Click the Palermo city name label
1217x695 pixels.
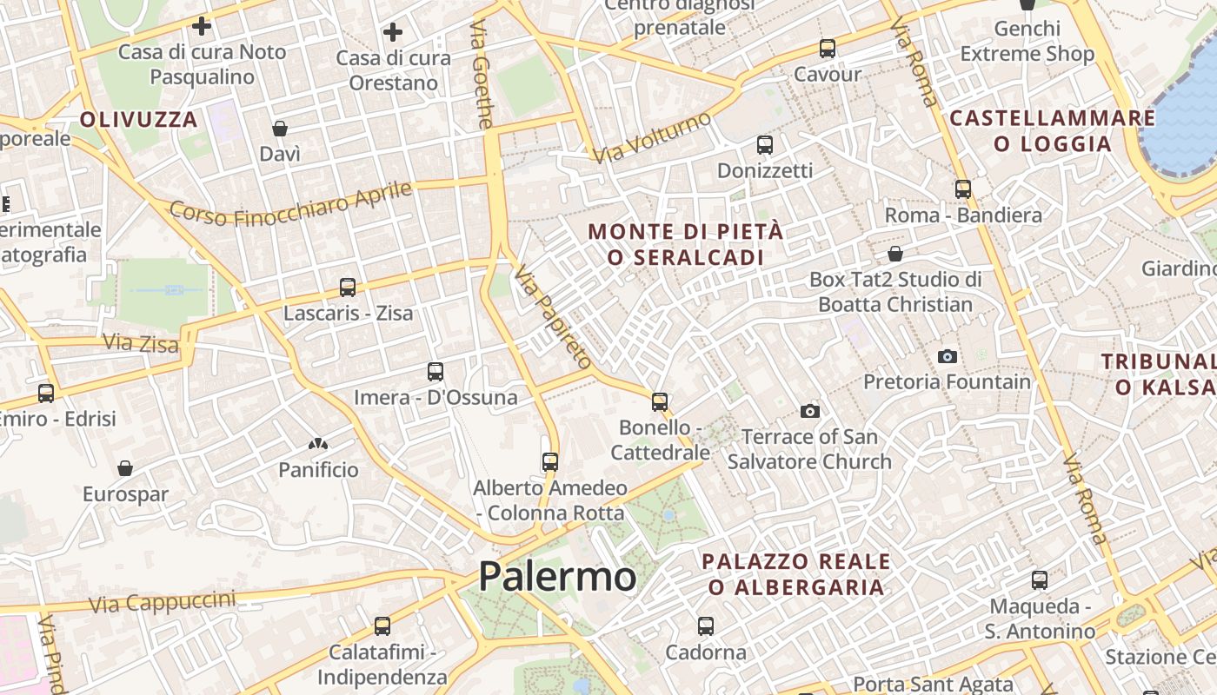point(557,577)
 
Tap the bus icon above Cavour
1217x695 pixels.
point(827,49)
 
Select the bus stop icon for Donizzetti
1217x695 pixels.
point(764,145)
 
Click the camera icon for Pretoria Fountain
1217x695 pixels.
point(947,356)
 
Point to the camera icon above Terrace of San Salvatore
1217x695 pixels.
point(810,411)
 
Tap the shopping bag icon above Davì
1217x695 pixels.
point(280,129)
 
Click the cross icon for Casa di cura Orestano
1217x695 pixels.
point(393,33)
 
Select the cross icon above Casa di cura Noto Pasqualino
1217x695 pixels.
point(202,26)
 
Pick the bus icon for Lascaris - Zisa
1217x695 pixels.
point(348,288)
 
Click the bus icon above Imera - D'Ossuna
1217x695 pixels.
point(436,372)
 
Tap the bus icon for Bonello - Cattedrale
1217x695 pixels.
point(660,402)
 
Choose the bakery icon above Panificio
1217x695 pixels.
point(318,444)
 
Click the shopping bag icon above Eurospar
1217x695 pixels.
point(125,469)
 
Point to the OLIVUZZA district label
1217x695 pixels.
point(139,119)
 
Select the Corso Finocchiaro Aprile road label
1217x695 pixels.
point(290,203)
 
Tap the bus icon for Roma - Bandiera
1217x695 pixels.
point(962,189)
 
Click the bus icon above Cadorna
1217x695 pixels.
point(705,625)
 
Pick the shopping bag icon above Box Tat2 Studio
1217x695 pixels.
point(895,254)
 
